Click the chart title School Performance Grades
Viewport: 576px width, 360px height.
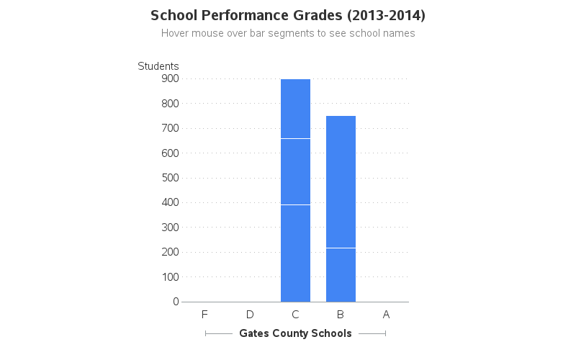(x=288, y=15)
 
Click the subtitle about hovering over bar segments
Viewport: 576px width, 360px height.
(x=288, y=33)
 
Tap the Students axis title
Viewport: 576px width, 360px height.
(x=158, y=66)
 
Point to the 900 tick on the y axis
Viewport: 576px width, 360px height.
(x=170, y=78)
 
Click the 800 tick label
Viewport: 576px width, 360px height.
(x=170, y=104)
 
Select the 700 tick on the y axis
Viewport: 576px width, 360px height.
(x=170, y=128)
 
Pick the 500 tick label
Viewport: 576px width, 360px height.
(x=170, y=178)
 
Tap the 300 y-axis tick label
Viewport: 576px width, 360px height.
(x=170, y=228)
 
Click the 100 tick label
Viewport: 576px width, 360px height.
(x=170, y=276)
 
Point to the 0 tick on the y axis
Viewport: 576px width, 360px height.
(x=176, y=302)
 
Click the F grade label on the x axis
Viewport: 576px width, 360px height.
(x=204, y=315)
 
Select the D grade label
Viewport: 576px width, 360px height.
(x=250, y=315)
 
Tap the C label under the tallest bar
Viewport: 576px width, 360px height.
(x=295, y=315)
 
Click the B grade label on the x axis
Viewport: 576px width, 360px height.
(x=341, y=315)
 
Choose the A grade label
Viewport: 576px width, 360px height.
(x=386, y=315)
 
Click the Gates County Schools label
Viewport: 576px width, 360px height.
(x=295, y=333)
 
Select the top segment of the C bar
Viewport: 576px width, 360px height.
(x=295, y=109)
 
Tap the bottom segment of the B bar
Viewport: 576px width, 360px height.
(x=341, y=274)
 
